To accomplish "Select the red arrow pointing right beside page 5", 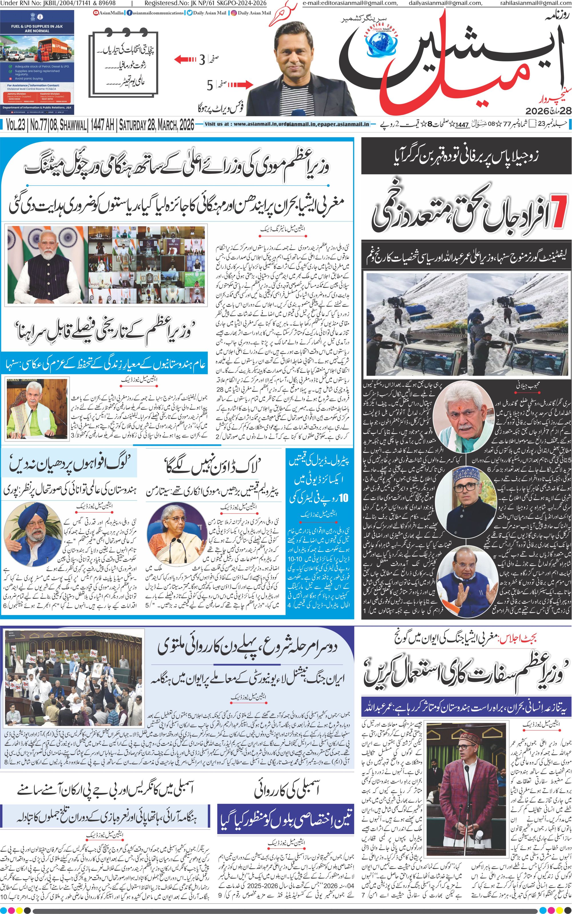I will pos(239,84).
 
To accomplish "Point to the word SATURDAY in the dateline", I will pos(136,124).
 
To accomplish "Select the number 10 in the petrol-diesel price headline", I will pos(343,498).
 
